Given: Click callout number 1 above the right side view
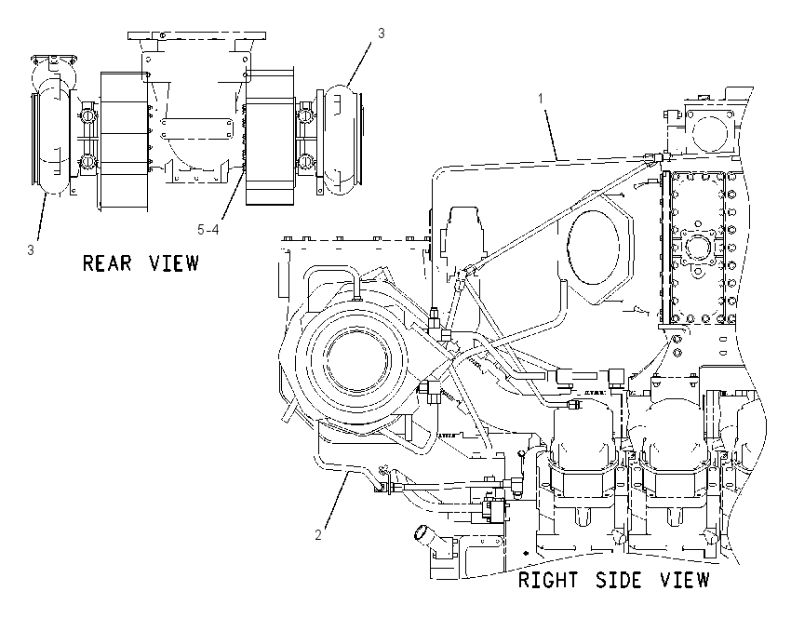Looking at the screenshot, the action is coord(541,99).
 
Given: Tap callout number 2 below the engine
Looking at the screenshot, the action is coord(318,535).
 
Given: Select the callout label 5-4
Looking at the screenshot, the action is coord(208,230).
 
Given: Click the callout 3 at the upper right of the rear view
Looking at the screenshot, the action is coord(382,34).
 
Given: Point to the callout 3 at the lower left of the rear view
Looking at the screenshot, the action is coord(31,250).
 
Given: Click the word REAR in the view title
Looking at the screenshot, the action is coord(107,262).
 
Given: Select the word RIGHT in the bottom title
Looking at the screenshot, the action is coord(548,580).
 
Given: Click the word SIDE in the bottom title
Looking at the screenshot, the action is coord(619,580).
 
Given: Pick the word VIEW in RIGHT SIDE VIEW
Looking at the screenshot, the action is coord(685,580).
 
